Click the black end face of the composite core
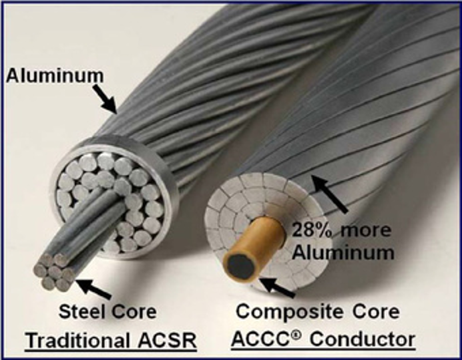point(238,265)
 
